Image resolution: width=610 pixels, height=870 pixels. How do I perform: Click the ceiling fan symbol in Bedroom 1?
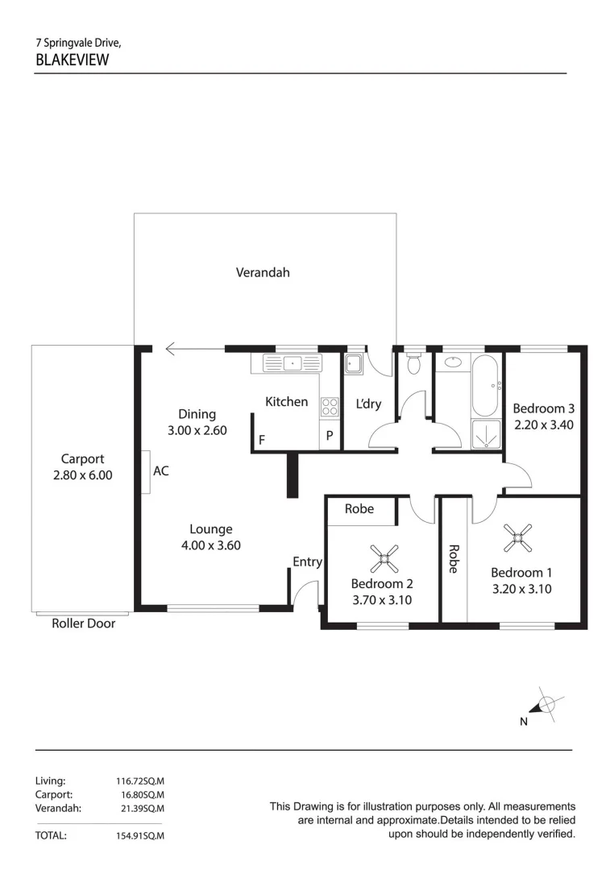coord(517,539)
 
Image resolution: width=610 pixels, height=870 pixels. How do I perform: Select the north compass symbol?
coord(546,705)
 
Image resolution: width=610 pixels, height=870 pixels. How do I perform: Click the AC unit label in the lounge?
coord(161,471)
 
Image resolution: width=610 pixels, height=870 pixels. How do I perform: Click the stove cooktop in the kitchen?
coord(330,407)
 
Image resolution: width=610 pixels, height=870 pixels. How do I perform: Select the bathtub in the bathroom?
coord(485,385)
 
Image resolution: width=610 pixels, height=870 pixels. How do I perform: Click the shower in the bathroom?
coord(486,433)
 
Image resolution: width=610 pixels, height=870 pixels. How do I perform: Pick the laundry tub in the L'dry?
coord(355,364)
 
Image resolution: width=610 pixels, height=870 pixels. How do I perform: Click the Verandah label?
coord(263,272)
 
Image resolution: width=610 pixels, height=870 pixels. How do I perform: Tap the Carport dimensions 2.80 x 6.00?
coord(82,475)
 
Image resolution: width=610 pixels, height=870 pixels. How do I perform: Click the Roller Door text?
coord(83,623)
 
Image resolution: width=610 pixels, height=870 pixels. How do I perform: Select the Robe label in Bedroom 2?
coord(359,509)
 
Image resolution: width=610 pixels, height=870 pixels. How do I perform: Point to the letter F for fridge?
coord(261,440)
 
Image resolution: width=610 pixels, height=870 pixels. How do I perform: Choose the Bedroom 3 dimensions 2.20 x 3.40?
coord(543,424)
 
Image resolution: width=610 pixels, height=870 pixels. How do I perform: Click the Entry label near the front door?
coord(307,562)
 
